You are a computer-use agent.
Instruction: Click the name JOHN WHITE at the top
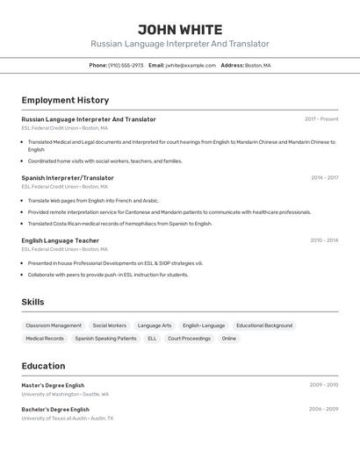click(x=180, y=30)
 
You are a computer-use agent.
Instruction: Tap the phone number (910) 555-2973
click(x=126, y=65)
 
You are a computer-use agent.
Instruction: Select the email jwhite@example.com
click(x=191, y=65)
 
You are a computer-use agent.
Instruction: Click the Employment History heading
click(x=65, y=100)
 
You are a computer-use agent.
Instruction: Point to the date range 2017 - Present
click(x=321, y=119)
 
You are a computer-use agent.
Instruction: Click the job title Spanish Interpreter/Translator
click(x=68, y=177)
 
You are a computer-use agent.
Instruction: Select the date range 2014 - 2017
click(x=324, y=177)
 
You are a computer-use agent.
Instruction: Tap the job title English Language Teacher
click(x=60, y=240)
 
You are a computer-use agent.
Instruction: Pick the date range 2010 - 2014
click(x=324, y=240)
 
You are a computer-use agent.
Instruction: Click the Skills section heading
click(x=33, y=302)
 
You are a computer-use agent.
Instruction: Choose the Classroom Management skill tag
click(x=54, y=325)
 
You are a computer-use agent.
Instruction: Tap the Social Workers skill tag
click(x=110, y=325)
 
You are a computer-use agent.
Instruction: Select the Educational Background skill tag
click(x=264, y=325)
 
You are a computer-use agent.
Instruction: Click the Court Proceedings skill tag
click(x=189, y=338)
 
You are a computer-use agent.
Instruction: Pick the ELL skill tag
click(x=152, y=338)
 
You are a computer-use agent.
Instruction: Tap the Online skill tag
click(x=229, y=338)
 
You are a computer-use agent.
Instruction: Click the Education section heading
click(x=43, y=366)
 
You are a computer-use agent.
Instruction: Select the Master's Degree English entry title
click(x=53, y=385)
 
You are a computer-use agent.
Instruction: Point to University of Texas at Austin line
click(x=67, y=418)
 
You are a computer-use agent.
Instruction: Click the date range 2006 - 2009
click(x=323, y=409)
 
